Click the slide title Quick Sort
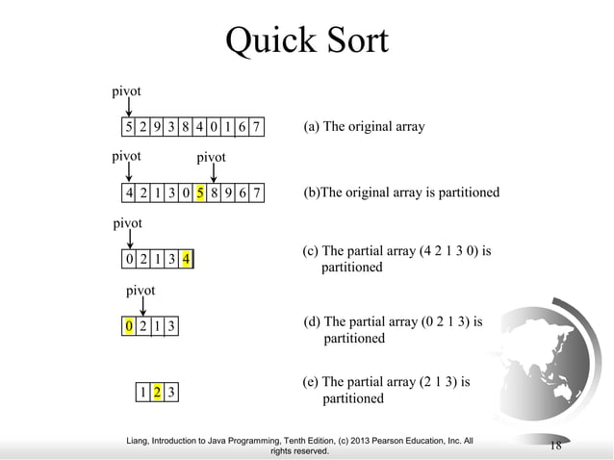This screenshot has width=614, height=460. (306, 40)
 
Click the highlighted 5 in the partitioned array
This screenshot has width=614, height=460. (199, 193)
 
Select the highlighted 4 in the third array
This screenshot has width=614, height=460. (185, 259)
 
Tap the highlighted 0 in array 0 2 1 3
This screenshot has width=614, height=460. (129, 326)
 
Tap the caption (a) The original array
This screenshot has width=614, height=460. (364, 127)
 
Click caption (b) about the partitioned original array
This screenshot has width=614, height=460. (401, 192)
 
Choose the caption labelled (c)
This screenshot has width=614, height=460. (397, 259)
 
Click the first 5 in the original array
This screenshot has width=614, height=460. (129, 128)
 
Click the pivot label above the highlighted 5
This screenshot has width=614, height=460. (211, 157)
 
